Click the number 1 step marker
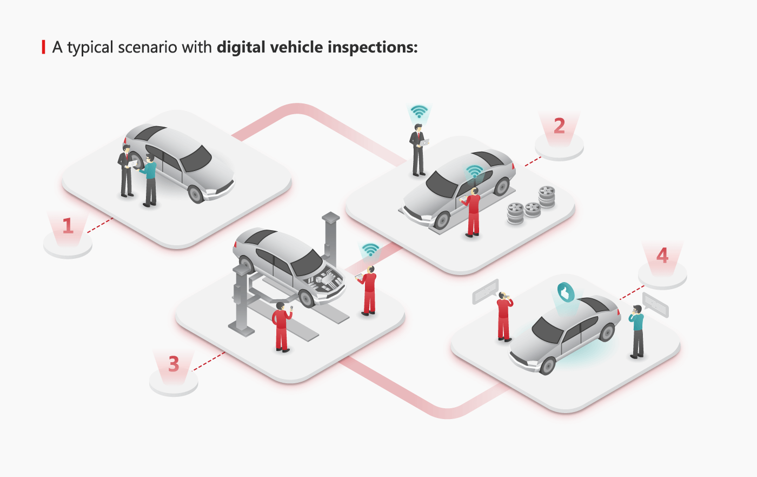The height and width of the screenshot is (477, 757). coord(68,226)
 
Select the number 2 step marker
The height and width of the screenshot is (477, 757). coord(559,126)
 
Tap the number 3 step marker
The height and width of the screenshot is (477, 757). coord(174,364)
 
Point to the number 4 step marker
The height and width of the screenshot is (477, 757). coord(662,256)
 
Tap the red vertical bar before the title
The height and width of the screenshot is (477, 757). coord(44,47)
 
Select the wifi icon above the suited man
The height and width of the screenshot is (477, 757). coord(419,112)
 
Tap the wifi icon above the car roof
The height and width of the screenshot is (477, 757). coord(474,172)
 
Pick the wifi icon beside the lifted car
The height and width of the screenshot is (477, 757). coord(370,250)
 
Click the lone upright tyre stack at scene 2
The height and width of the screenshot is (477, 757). coord(547,197)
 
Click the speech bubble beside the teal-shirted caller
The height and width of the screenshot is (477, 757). coord(655,304)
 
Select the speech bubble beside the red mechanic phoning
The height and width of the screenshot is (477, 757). coord(485,291)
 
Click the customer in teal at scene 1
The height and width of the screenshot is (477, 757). coord(150,180)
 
